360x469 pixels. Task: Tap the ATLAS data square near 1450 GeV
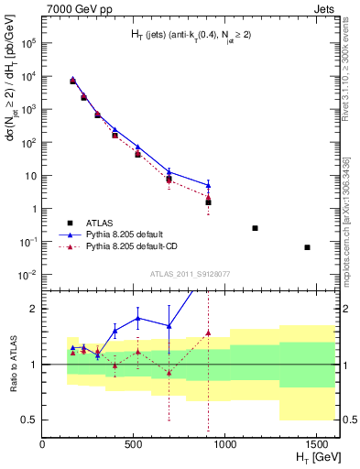pos(307,247)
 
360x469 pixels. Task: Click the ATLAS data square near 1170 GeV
pos(255,228)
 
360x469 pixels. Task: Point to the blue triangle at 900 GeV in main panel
pos(209,185)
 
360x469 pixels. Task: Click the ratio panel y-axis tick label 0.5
pos(28,420)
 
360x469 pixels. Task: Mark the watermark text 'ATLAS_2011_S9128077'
pos(190,273)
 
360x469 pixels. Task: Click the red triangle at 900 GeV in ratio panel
pos(209,333)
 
